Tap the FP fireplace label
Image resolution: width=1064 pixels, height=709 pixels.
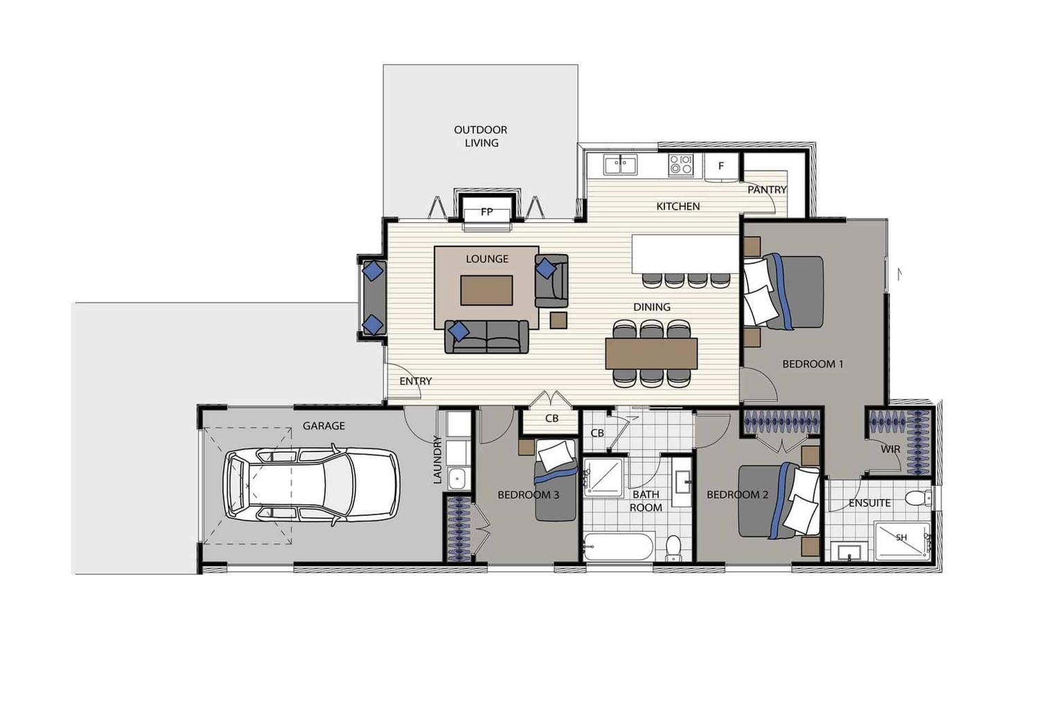point(487,212)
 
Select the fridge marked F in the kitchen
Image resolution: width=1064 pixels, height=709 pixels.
point(721,166)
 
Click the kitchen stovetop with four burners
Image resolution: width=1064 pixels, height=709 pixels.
point(680,165)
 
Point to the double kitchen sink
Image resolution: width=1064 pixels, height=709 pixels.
point(620,165)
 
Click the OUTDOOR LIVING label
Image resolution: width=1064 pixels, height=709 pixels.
point(481,136)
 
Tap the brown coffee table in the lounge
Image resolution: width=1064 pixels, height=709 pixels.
point(487,290)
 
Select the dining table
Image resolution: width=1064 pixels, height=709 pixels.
point(651,353)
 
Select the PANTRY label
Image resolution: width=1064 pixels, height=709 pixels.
point(767,190)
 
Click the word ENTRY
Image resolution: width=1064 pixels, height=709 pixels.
point(416,382)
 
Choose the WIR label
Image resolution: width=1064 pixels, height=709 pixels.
point(890,449)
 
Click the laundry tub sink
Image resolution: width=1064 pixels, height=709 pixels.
point(457,477)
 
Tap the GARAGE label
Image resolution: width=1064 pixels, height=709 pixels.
point(323,426)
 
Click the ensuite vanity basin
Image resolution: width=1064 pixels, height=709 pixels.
point(849,552)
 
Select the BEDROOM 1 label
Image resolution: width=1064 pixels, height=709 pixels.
point(813,364)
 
